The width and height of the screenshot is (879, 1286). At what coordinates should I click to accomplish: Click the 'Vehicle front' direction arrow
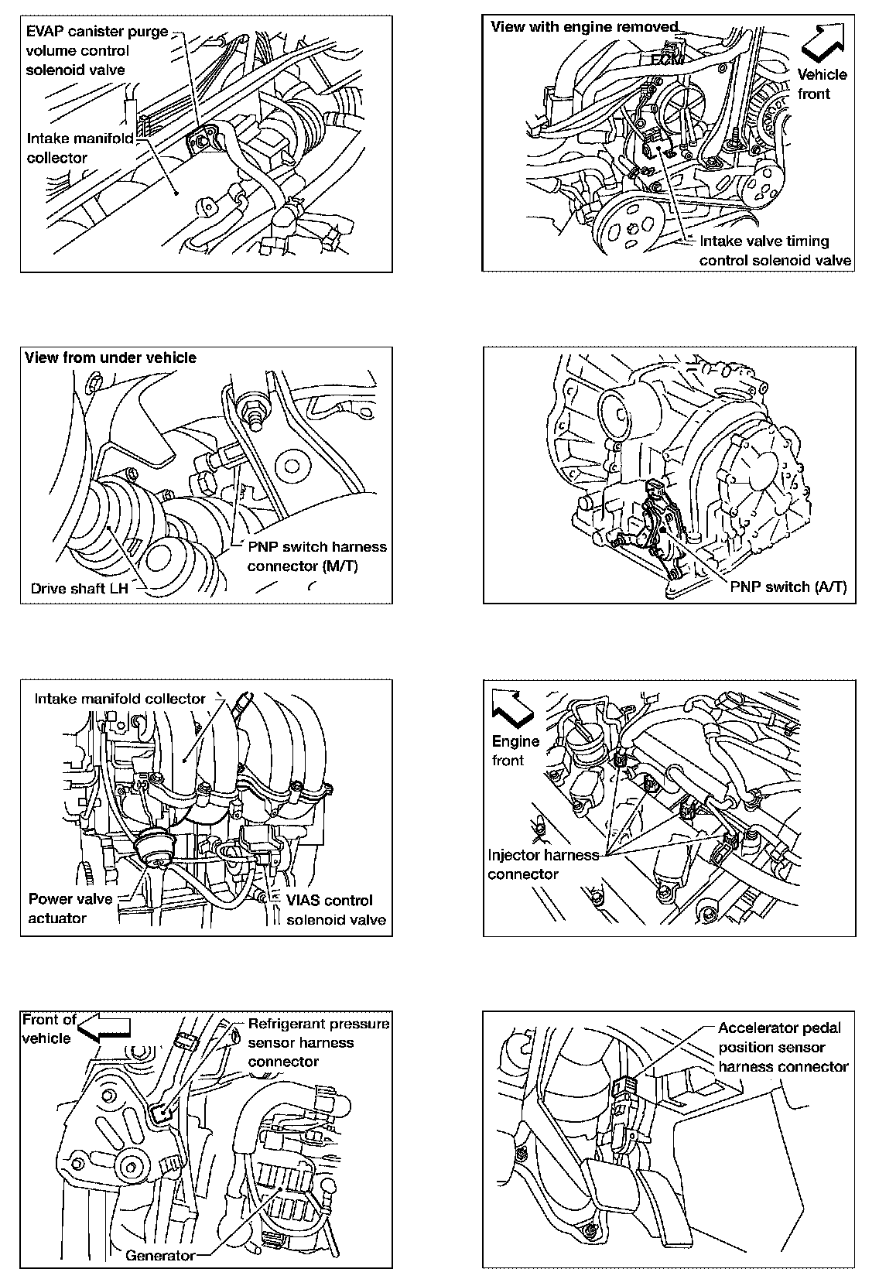[823, 43]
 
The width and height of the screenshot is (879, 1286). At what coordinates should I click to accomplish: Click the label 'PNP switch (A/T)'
[788, 587]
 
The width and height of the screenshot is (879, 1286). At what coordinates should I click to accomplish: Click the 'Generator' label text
[160, 1255]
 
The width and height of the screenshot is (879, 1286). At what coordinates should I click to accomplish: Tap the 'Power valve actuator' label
[70, 908]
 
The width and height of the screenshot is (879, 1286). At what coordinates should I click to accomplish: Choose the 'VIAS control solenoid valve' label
[336, 910]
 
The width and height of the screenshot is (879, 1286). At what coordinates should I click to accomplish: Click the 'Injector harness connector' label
[543, 864]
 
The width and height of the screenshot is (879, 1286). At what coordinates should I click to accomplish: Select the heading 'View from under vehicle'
[111, 357]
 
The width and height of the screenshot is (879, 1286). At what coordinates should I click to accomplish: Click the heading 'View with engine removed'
[584, 27]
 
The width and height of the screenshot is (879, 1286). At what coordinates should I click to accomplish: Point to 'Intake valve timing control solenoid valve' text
[775, 251]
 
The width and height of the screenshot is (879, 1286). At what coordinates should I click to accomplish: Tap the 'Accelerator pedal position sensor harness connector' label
[782, 1047]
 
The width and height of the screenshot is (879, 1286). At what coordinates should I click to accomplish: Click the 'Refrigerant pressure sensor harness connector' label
[318, 1042]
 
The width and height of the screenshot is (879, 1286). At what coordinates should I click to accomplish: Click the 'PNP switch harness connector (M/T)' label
[316, 556]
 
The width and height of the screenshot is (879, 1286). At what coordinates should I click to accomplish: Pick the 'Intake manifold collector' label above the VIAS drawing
[120, 698]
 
